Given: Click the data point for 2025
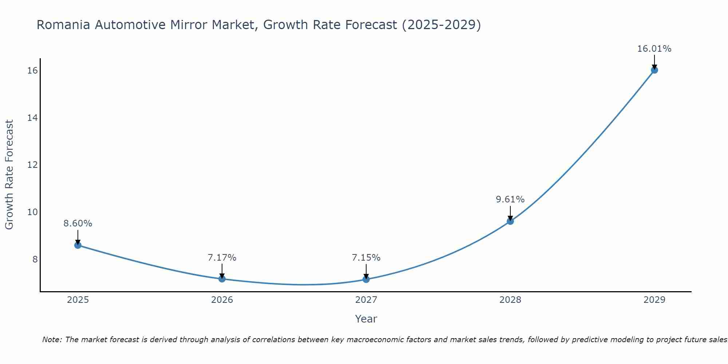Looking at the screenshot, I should (x=78, y=245).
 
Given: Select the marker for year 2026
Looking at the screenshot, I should (x=222, y=279).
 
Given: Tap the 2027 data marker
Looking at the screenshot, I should (x=366, y=279).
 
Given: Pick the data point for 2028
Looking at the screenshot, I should (x=510, y=221).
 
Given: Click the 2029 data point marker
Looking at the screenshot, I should (x=654, y=70).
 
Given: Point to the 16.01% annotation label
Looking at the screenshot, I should (x=654, y=49).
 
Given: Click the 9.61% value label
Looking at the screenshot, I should (x=510, y=199).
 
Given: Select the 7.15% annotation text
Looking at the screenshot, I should (x=366, y=258).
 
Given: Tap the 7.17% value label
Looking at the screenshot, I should (x=222, y=258).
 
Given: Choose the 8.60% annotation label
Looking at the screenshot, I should (x=78, y=223).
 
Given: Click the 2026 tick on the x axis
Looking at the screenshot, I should (x=222, y=300).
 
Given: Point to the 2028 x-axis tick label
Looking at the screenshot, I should (x=510, y=300).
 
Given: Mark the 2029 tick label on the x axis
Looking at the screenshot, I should (x=654, y=300).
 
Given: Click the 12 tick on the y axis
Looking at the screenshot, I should (x=32, y=165).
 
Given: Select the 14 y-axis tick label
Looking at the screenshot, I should (x=32, y=118).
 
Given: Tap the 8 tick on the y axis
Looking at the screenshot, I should (x=35, y=259).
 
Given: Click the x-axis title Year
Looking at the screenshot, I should (x=366, y=319).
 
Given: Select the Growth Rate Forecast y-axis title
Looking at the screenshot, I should (x=9, y=175).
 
